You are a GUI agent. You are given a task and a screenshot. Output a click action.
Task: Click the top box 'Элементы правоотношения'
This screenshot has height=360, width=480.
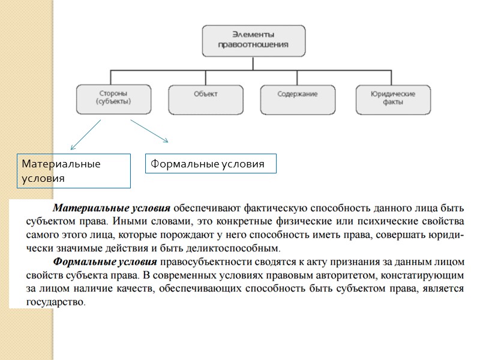(x=253, y=40)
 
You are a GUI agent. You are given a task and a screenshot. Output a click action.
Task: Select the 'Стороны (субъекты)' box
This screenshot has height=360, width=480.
(x=113, y=98)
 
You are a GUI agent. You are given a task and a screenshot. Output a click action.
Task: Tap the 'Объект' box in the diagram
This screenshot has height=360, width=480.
(x=205, y=98)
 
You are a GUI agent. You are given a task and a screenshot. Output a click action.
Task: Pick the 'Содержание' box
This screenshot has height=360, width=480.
(x=298, y=98)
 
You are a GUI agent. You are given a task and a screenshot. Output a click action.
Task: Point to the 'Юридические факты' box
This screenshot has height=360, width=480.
(x=393, y=98)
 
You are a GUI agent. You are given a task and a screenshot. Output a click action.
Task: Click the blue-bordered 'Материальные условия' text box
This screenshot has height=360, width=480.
(x=74, y=170)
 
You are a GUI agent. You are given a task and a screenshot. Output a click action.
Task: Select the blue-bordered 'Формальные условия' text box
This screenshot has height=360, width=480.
(x=211, y=164)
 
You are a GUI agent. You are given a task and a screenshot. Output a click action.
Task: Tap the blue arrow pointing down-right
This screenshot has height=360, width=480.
(x=149, y=131)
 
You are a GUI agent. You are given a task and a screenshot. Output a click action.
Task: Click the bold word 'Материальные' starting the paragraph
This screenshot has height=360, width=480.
(x=83, y=209)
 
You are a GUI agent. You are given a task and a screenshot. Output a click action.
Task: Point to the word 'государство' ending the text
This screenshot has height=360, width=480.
(x=56, y=302)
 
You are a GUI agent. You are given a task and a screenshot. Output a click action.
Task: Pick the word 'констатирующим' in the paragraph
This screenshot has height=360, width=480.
(x=424, y=275)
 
